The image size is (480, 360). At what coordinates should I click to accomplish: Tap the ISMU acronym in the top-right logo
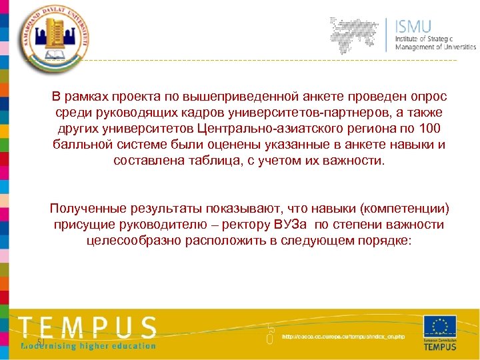[x=414, y=27]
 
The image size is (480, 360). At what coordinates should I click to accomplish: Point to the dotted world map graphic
[x=360, y=34]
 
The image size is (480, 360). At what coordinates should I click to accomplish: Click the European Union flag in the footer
[x=440, y=327]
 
